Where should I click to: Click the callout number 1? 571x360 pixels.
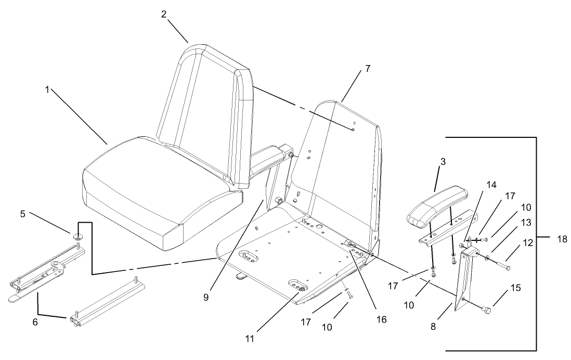[x=47, y=90]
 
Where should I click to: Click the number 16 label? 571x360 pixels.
[x=383, y=320]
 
